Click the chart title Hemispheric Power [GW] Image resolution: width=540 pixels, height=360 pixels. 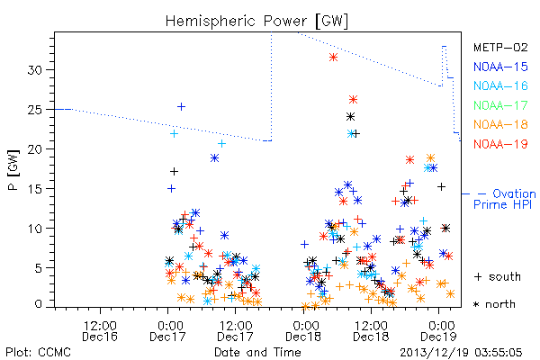pos(256,21)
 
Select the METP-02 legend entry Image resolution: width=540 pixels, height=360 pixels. pos(500,47)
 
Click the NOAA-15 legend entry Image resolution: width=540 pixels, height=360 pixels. pos(500,67)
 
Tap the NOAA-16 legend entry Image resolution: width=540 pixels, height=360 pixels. pos(500,85)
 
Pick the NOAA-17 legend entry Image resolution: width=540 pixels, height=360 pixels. pos(500,105)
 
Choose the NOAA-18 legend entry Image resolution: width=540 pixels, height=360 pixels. pos(500,124)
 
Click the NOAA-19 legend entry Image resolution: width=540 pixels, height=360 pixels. pos(500,144)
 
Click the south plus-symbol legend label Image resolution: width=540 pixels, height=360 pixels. pos(498,276)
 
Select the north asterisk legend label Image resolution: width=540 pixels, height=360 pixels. pos(494,304)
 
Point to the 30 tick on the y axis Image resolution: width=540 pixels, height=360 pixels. pos(35,70)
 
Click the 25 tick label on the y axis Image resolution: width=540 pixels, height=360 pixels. pos(35,110)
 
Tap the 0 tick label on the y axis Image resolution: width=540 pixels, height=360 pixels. pos(39,304)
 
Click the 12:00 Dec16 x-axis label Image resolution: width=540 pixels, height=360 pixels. pos(100,330)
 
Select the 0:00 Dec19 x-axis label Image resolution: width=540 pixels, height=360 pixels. pos(439,330)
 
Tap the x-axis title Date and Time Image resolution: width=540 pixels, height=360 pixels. pos(257,352)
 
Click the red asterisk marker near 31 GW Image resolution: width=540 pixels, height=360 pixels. pos(333,58)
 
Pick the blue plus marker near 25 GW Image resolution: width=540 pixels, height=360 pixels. pos(181,107)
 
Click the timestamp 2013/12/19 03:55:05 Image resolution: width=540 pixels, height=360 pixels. pos(461,353)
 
